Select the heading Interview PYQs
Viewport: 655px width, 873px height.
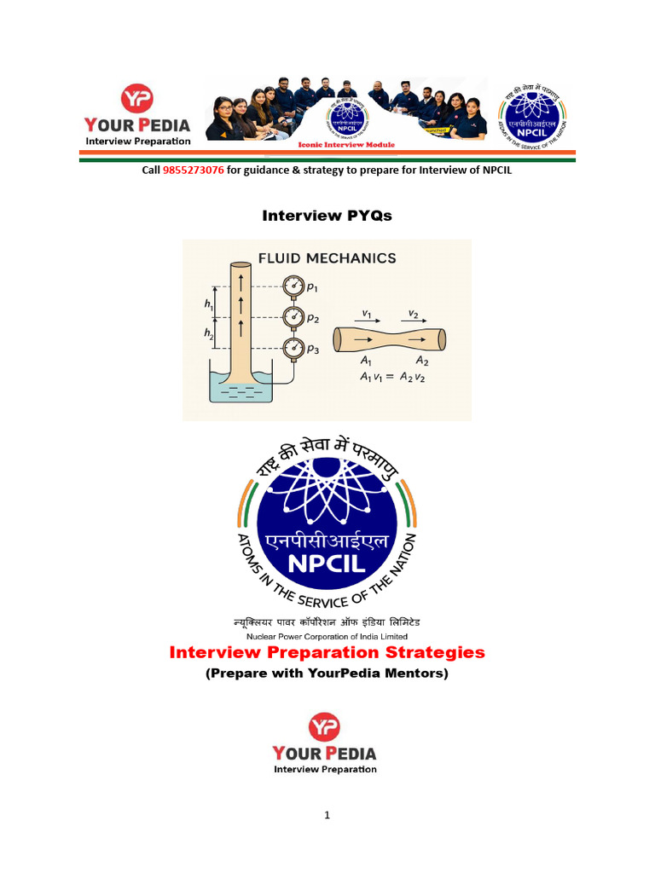[x=327, y=216]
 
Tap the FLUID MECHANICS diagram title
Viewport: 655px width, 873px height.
[x=327, y=257]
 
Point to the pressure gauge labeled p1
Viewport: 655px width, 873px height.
[x=293, y=284]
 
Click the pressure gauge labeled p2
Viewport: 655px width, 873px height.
[x=293, y=315]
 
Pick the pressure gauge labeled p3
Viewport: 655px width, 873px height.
[x=293, y=346]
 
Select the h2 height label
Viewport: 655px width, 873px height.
[x=209, y=333]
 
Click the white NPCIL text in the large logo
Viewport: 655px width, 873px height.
[x=327, y=565]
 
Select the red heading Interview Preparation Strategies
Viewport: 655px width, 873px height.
[x=327, y=652]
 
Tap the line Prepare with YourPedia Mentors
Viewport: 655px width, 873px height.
[x=327, y=674]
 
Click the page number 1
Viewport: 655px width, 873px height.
[x=327, y=815]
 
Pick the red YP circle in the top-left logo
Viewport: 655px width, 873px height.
[x=136, y=100]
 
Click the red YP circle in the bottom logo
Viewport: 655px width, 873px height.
[x=324, y=727]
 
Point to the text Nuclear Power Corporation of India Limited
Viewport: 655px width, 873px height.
[x=327, y=636]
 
